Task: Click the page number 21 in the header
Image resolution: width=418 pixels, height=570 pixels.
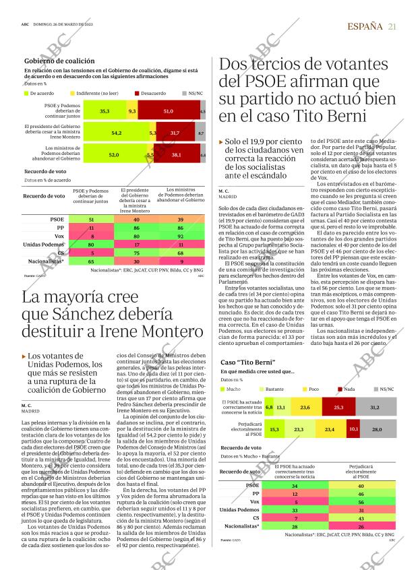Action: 392,26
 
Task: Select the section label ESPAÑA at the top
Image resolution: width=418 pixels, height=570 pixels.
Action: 364,26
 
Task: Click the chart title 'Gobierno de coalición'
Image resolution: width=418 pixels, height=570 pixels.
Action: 59,61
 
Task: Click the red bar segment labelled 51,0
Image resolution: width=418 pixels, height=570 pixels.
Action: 169,110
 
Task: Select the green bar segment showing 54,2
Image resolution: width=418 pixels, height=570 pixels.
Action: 116,133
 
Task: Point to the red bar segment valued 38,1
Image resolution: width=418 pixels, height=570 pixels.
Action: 177,155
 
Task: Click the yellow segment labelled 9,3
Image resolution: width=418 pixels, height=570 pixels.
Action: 131,110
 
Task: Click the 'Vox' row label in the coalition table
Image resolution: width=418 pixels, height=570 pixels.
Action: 59,236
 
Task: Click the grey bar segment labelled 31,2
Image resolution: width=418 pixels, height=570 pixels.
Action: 375,408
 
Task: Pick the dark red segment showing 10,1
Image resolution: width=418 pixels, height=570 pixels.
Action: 354,429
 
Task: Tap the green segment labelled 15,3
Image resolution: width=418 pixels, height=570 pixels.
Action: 274,429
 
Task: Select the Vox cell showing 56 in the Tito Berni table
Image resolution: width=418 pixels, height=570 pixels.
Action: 361,502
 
